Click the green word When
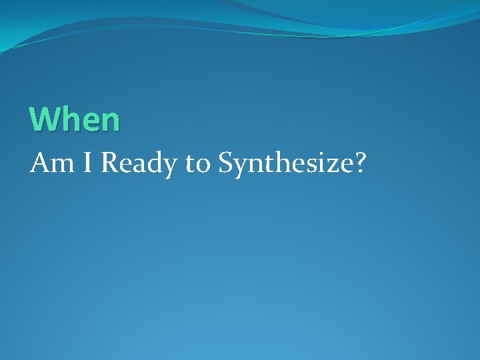click(75, 119)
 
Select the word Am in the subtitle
click(46, 162)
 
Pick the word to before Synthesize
click(197, 163)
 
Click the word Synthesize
click(285, 163)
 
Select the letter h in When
click(69, 119)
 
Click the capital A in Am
click(38, 162)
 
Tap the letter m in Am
click(55, 165)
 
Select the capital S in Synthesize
click(226, 162)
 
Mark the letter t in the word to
click(190, 163)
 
